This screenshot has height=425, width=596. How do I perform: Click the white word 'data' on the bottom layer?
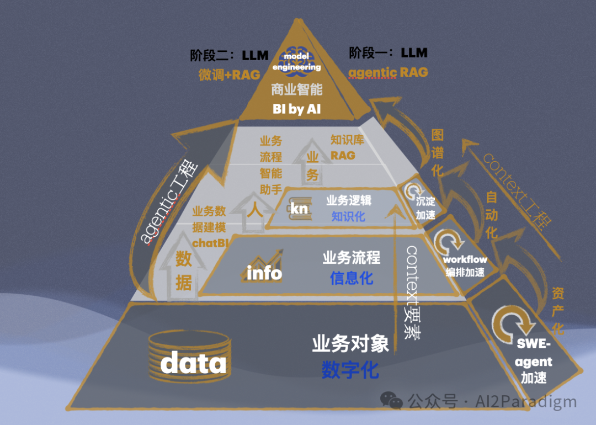pos(193,363)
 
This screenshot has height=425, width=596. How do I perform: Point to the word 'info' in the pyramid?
pos(264,273)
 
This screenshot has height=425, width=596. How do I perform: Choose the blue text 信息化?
pos(352,278)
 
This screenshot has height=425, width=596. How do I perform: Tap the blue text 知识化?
pos(348,216)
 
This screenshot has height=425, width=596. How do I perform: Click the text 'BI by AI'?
pos(296,109)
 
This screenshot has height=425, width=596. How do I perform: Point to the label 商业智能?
pos(296,89)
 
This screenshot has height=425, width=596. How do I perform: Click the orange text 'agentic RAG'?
pos(388,72)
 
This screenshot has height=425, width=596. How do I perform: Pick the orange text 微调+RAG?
pos(229,75)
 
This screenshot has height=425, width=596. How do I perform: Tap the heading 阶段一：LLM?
pos(388,53)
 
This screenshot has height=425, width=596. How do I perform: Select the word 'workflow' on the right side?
pos(465,259)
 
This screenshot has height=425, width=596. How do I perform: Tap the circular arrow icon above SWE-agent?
pos(510,320)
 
